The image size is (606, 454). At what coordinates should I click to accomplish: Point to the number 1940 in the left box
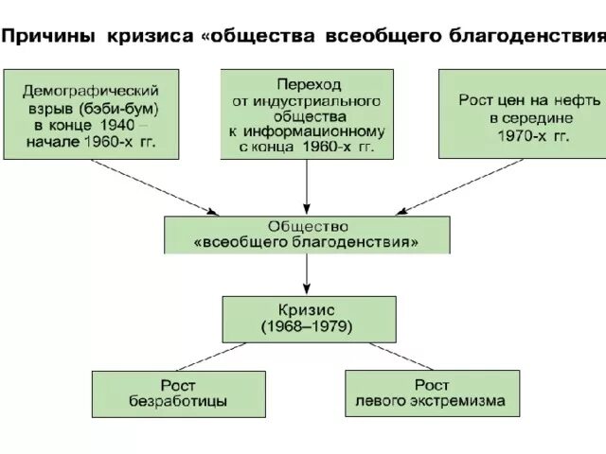click(x=116, y=125)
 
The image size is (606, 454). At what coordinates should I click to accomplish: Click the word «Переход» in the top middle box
click(x=306, y=83)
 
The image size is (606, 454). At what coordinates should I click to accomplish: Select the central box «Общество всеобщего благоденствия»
click(x=307, y=235)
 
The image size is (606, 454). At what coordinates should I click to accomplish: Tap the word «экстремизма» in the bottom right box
click(x=461, y=401)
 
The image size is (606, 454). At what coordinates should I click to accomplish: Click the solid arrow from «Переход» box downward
click(x=307, y=185)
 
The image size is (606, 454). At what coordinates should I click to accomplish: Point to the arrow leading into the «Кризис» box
click(x=307, y=274)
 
